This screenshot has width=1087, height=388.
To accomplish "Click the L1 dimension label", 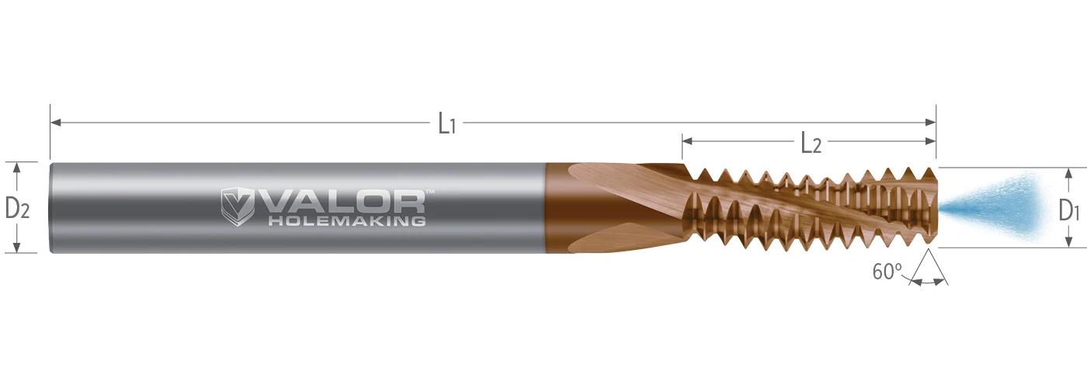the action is [x=447, y=123].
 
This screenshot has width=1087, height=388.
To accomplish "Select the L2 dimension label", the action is [x=811, y=143].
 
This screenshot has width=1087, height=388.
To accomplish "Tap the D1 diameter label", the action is [x=1069, y=210].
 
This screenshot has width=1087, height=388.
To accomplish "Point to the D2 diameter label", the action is [x=17, y=208].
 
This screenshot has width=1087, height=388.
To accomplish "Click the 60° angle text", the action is [x=887, y=272].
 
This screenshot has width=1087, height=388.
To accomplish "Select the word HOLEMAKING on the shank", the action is [x=347, y=221].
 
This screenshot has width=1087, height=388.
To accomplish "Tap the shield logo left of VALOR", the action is [x=237, y=207].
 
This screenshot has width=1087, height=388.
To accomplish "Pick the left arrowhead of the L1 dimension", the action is [x=55, y=123].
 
